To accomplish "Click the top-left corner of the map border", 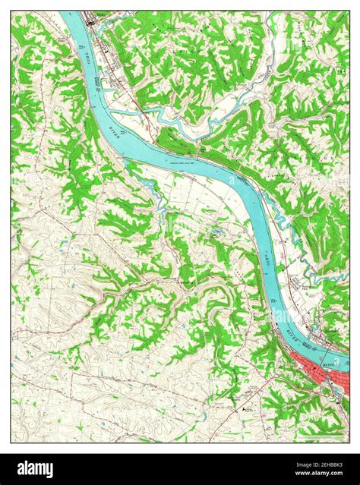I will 11,11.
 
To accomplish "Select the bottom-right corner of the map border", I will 349,442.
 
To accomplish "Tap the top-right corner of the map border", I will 349,11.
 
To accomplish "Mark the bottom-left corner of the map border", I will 11,442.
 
